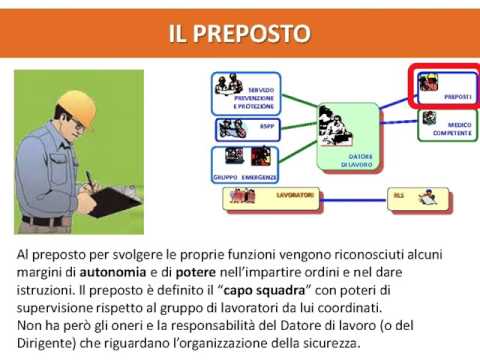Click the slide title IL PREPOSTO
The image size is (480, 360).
pos(239,36)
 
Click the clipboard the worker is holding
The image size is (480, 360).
pos(110,199)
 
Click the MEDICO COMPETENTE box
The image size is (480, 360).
pos(445,124)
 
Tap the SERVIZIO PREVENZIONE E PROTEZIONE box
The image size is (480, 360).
pos(244,93)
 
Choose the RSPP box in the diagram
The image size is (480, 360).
pos(244,129)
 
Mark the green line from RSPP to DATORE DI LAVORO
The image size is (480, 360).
pos(295,131)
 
